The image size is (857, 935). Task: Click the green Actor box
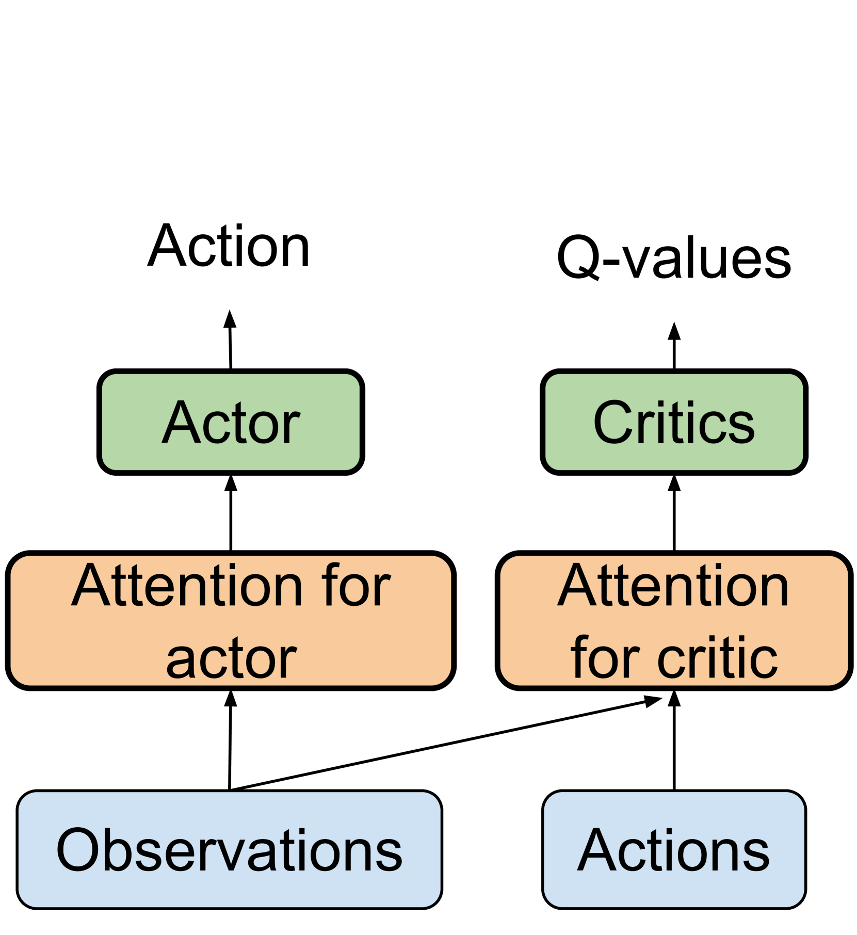(x=231, y=422)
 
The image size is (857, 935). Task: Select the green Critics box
(x=674, y=422)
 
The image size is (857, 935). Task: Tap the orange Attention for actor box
(x=231, y=621)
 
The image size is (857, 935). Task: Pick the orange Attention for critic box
(x=674, y=621)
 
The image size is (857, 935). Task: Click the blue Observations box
(x=229, y=850)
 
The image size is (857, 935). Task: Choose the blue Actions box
(x=674, y=850)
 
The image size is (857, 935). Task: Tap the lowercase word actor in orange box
(x=231, y=659)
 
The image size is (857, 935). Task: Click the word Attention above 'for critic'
(x=673, y=586)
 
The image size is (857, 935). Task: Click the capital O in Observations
(x=77, y=850)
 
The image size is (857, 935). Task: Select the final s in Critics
(x=742, y=427)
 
